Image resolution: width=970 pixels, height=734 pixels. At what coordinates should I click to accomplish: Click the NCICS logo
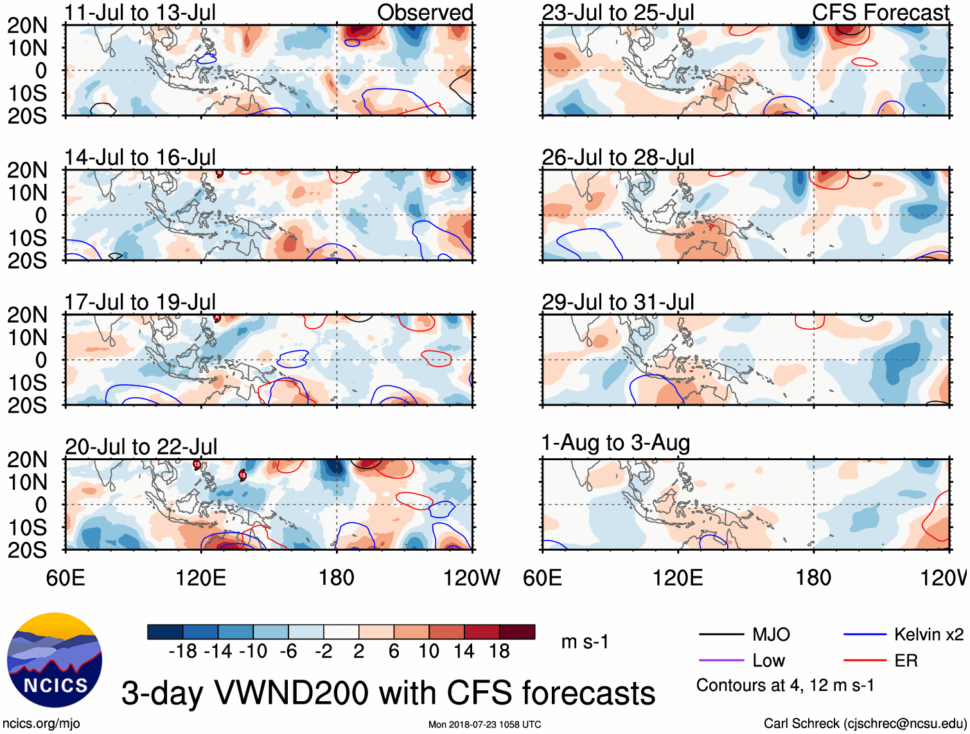click(55, 660)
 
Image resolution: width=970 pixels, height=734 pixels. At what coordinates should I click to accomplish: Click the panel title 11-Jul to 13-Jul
click(140, 12)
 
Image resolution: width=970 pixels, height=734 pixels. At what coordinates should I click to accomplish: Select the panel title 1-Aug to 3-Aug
click(615, 443)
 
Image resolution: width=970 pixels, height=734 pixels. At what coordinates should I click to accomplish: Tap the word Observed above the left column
click(425, 12)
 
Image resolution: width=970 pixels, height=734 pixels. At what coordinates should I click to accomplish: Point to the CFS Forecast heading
click(880, 12)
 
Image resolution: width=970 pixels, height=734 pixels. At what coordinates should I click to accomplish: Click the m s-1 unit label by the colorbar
click(585, 641)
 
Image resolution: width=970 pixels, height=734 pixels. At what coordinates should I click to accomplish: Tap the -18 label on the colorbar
click(183, 652)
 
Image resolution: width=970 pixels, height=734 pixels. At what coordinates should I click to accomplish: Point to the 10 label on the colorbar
click(428, 652)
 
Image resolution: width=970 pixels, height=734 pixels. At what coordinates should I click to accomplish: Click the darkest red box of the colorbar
click(517, 632)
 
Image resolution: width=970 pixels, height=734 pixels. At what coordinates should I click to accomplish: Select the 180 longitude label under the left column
click(337, 578)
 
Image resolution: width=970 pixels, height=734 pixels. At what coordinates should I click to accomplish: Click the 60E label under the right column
click(543, 578)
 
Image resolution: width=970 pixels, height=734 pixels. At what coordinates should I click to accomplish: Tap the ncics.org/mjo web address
click(41, 723)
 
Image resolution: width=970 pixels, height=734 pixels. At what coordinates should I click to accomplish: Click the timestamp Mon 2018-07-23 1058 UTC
click(484, 724)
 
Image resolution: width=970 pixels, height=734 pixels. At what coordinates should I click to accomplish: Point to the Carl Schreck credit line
click(865, 723)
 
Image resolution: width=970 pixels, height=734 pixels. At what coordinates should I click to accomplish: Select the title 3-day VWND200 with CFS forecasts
click(388, 693)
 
